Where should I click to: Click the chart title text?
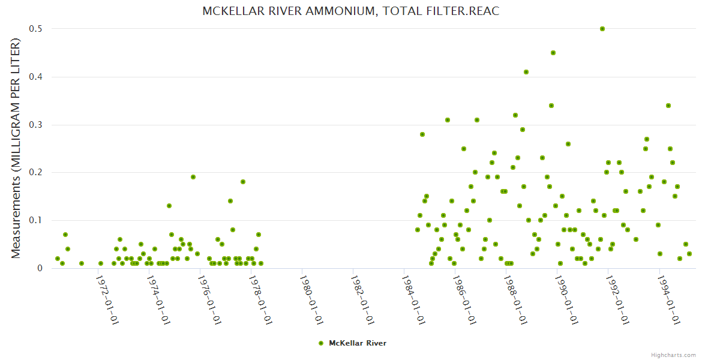pyautogui.click(x=351, y=11)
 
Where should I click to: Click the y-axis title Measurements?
pyautogui.click(x=16, y=148)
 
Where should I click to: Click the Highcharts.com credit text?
pyautogui.click(x=673, y=355)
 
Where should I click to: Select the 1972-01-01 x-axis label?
pyautogui.click(x=108, y=300)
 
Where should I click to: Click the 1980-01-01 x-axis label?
pyautogui.click(x=313, y=300)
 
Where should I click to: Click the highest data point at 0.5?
pyautogui.click(x=602, y=29)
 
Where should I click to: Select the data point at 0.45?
pyautogui.click(x=553, y=53)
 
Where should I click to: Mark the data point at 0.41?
pyautogui.click(x=526, y=72)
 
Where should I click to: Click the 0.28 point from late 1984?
pyautogui.click(x=422, y=134)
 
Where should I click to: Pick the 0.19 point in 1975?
pyautogui.click(x=193, y=177)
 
